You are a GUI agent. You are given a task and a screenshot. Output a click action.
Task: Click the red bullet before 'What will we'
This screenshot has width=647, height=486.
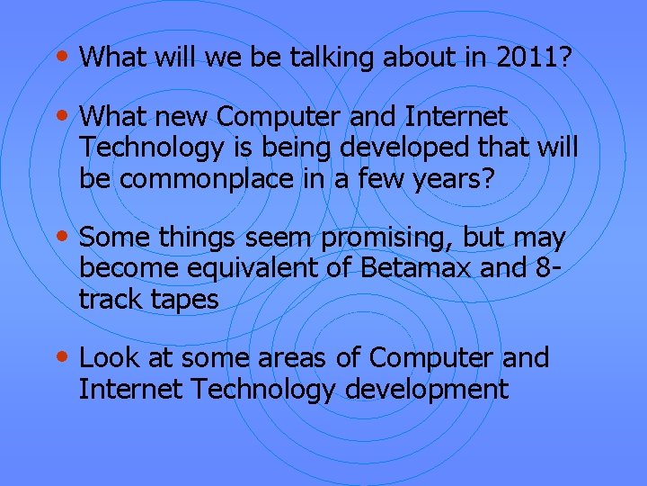[61, 56]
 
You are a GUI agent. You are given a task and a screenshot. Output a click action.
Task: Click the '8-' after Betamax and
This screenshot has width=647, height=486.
[553, 268]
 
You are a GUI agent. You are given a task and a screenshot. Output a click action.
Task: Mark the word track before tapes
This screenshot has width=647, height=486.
[107, 299]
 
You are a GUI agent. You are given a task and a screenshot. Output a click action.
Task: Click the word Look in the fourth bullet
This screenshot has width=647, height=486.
[108, 357]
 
